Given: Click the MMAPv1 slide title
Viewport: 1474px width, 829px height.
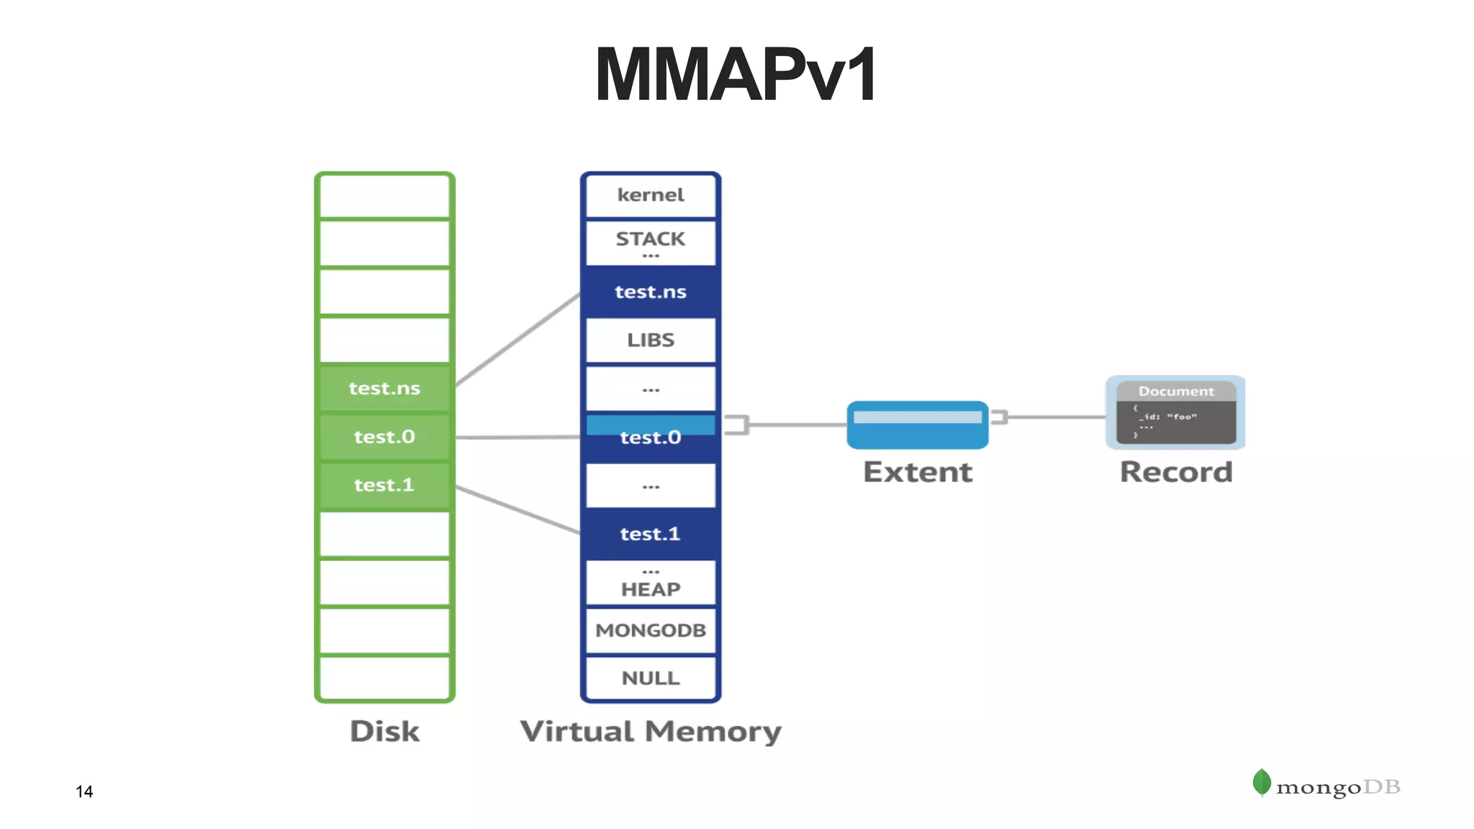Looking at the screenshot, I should click(736, 75).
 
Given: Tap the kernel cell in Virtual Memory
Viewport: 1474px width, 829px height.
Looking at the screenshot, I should click(651, 195).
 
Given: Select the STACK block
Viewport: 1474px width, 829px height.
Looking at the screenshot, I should click(651, 242).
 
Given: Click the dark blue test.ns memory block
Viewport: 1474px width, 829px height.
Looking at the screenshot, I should click(651, 291).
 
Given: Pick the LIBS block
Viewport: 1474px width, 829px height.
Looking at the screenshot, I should click(651, 340).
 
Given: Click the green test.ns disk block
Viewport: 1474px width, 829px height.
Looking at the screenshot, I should click(384, 389).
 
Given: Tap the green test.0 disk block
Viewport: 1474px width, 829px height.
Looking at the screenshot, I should click(384, 437).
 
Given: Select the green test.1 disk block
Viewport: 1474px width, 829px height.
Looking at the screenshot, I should click(384, 485).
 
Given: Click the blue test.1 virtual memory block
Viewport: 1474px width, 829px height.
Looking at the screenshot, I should click(651, 533).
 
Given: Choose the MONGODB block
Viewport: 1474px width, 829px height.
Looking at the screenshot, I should click(651, 630).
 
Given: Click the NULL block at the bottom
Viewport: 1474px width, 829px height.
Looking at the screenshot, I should click(651, 678).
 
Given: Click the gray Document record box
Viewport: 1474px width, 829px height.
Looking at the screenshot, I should click(1175, 413).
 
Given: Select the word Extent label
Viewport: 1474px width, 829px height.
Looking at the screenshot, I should click(918, 472).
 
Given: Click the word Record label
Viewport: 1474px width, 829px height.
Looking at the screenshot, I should click(1176, 472).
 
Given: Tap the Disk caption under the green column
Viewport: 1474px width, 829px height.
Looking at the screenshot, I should click(384, 731).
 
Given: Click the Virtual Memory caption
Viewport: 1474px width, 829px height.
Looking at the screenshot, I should click(651, 731).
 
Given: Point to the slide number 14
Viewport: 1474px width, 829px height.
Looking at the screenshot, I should click(84, 792).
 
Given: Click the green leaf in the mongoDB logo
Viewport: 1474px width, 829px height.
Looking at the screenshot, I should click(1261, 782).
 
